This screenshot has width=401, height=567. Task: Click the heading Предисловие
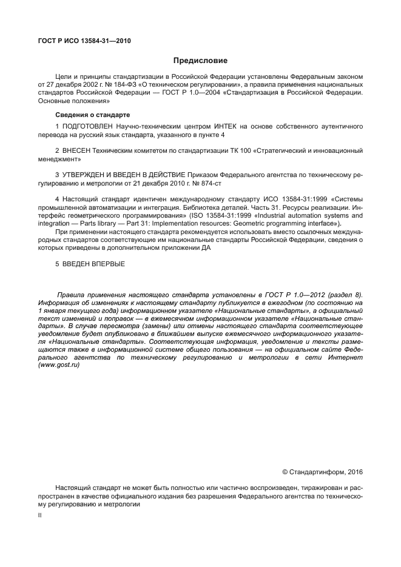click(x=200, y=61)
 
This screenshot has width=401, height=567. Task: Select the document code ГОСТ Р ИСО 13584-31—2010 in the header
click(x=84, y=41)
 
